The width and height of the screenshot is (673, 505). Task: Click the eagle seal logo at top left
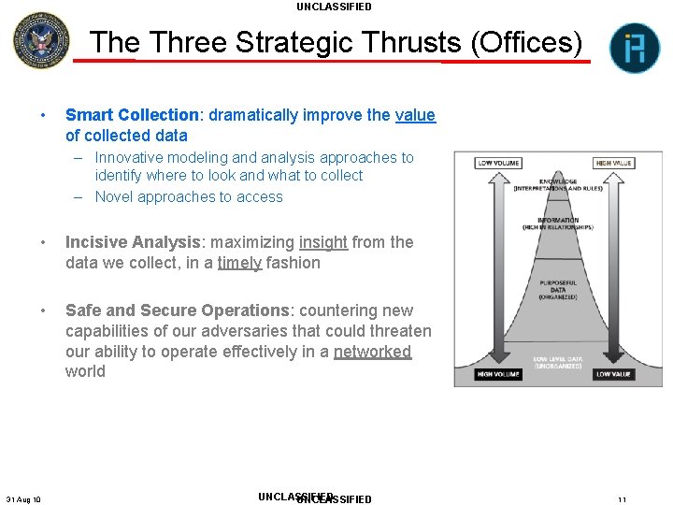pyautogui.click(x=40, y=40)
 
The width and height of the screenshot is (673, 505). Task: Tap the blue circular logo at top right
pyautogui.click(x=635, y=48)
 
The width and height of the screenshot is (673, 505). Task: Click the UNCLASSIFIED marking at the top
pyautogui.click(x=334, y=7)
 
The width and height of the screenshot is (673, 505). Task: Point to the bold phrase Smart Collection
pyautogui.click(x=132, y=115)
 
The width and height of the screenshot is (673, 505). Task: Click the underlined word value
pyautogui.click(x=415, y=115)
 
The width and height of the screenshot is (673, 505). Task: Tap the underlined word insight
pyautogui.click(x=323, y=242)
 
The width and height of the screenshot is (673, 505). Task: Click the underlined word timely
pyautogui.click(x=239, y=263)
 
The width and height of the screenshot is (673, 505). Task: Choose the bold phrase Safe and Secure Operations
pyautogui.click(x=177, y=310)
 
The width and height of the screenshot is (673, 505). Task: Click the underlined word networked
pyautogui.click(x=372, y=352)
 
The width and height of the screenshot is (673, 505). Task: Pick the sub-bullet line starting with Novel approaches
pyautogui.click(x=189, y=196)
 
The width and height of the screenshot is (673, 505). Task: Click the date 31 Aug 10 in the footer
pyautogui.click(x=23, y=499)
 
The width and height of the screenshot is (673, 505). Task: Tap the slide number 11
pyautogui.click(x=622, y=499)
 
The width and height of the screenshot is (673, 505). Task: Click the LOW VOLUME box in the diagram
pyautogui.click(x=499, y=163)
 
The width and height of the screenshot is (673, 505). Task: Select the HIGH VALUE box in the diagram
pyautogui.click(x=614, y=163)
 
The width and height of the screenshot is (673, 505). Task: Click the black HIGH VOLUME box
pyautogui.click(x=499, y=374)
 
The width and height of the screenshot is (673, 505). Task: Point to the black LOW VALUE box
pyautogui.click(x=614, y=374)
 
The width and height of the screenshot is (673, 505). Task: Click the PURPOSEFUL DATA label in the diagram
pyautogui.click(x=558, y=290)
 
